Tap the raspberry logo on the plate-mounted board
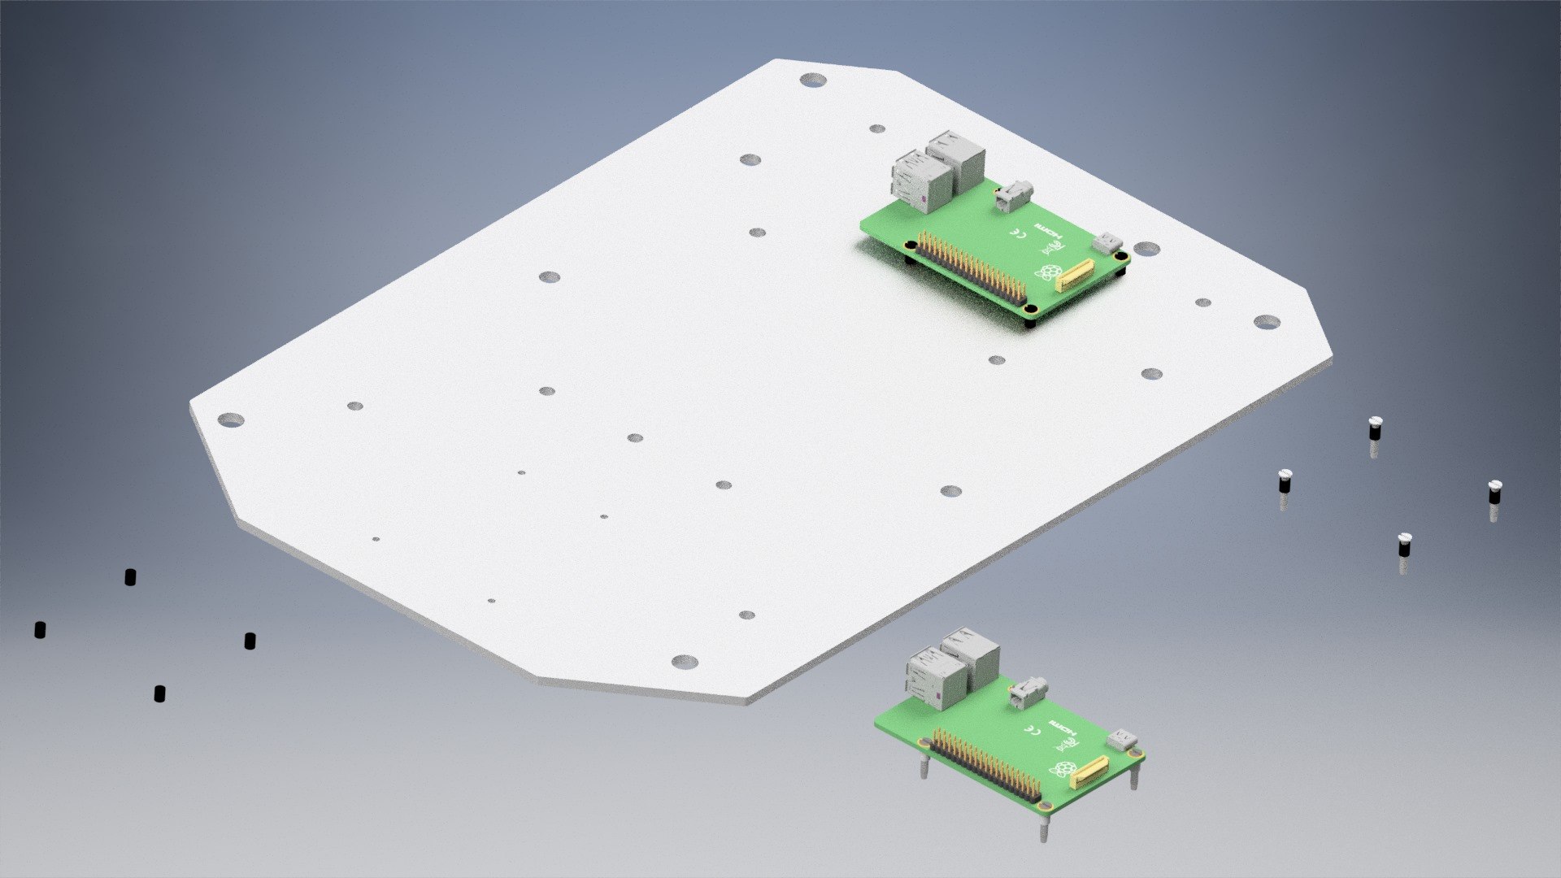(1050, 272)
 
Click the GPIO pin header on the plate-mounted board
(971, 268)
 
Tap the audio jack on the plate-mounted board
(1013, 195)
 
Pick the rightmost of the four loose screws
(1494, 493)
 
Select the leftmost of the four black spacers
(40, 629)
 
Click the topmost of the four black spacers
(130, 577)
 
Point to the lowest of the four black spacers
(159, 693)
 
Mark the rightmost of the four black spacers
(250, 641)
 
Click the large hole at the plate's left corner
(231, 419)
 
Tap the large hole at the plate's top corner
(812, 80)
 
